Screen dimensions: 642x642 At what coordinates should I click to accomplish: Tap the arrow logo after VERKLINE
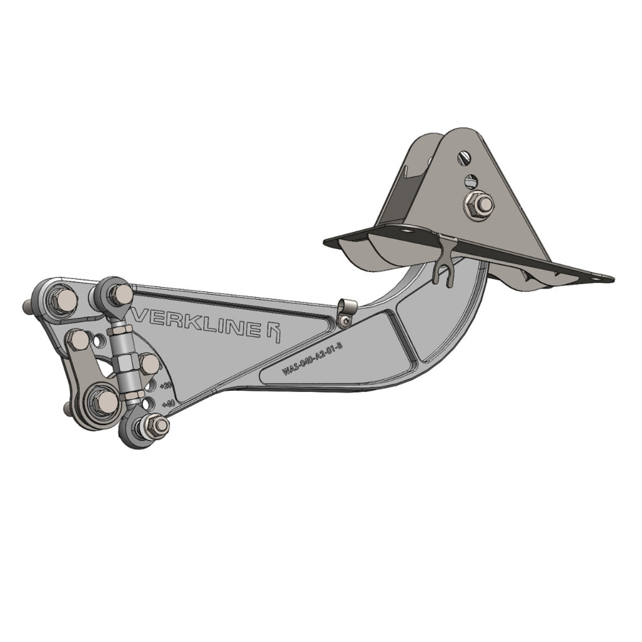pos(273,332)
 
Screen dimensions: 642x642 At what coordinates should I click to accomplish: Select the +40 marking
pos(168,404)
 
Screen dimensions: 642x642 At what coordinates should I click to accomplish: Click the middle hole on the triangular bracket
pos(471,181)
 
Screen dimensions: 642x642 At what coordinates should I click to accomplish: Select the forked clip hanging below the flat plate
pos(444,263)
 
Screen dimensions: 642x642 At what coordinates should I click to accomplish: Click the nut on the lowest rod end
pos(159,426)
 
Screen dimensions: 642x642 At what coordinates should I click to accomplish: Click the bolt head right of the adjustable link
pos(149,364)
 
